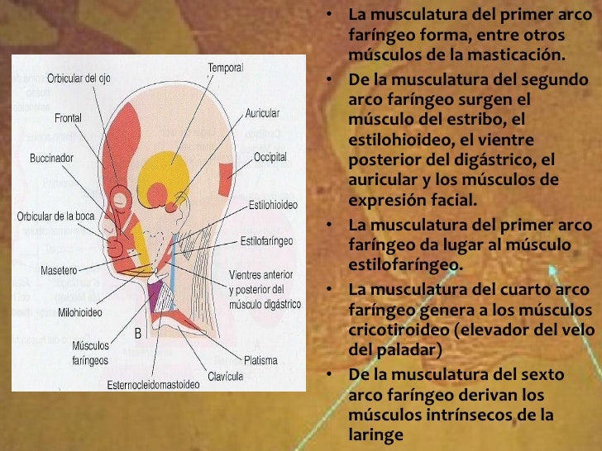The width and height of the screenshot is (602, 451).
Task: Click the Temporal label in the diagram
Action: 226,68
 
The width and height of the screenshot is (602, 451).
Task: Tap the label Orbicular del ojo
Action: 79,78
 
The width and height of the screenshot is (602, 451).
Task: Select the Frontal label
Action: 68,118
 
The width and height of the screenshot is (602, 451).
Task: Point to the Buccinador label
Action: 51,158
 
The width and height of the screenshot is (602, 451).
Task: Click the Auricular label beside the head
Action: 262,113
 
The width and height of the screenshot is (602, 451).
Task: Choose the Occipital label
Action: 270,157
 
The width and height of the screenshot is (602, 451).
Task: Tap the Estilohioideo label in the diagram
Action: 273,205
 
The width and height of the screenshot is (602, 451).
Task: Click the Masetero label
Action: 59,270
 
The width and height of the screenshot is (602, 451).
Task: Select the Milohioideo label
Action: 80,312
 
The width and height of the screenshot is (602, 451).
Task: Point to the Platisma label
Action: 260,360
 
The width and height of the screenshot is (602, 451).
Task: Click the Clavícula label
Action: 225,376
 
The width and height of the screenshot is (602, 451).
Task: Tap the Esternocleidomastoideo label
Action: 153,385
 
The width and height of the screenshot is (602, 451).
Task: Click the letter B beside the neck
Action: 138,333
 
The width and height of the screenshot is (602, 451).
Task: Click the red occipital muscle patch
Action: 226,179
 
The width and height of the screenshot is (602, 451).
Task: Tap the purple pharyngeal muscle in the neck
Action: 155,296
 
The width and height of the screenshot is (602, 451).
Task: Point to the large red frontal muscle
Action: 122,142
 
